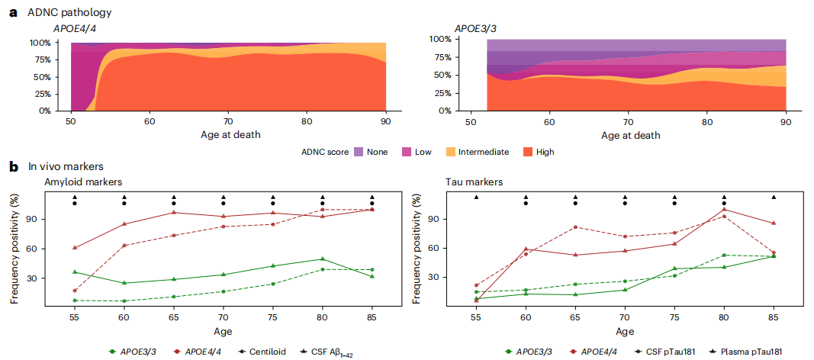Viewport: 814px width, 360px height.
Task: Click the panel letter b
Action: click(13, 165)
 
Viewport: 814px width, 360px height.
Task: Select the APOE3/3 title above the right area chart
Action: click(478, 28)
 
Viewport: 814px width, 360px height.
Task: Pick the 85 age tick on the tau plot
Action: click(774, 311)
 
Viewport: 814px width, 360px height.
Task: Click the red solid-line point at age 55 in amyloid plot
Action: click(75, 248)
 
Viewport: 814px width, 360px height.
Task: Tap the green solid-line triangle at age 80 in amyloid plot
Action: click(322, 259)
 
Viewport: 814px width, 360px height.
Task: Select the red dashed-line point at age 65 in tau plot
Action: click(575, 227)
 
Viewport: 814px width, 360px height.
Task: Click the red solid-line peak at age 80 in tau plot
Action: click(724, 210)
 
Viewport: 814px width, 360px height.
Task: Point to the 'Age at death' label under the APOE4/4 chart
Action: click(229, 135)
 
